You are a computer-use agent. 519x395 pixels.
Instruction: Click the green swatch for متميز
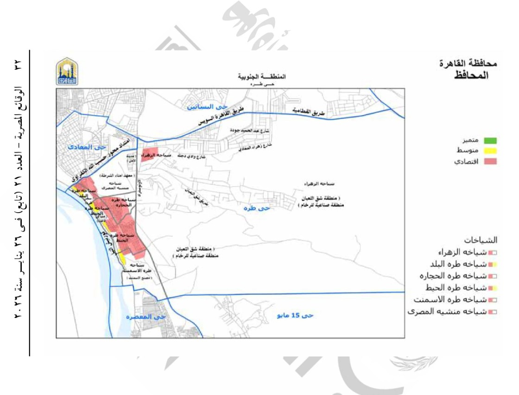490,140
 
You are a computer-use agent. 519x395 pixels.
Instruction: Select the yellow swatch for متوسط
490,151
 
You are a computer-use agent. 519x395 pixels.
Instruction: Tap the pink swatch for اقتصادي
490,162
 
